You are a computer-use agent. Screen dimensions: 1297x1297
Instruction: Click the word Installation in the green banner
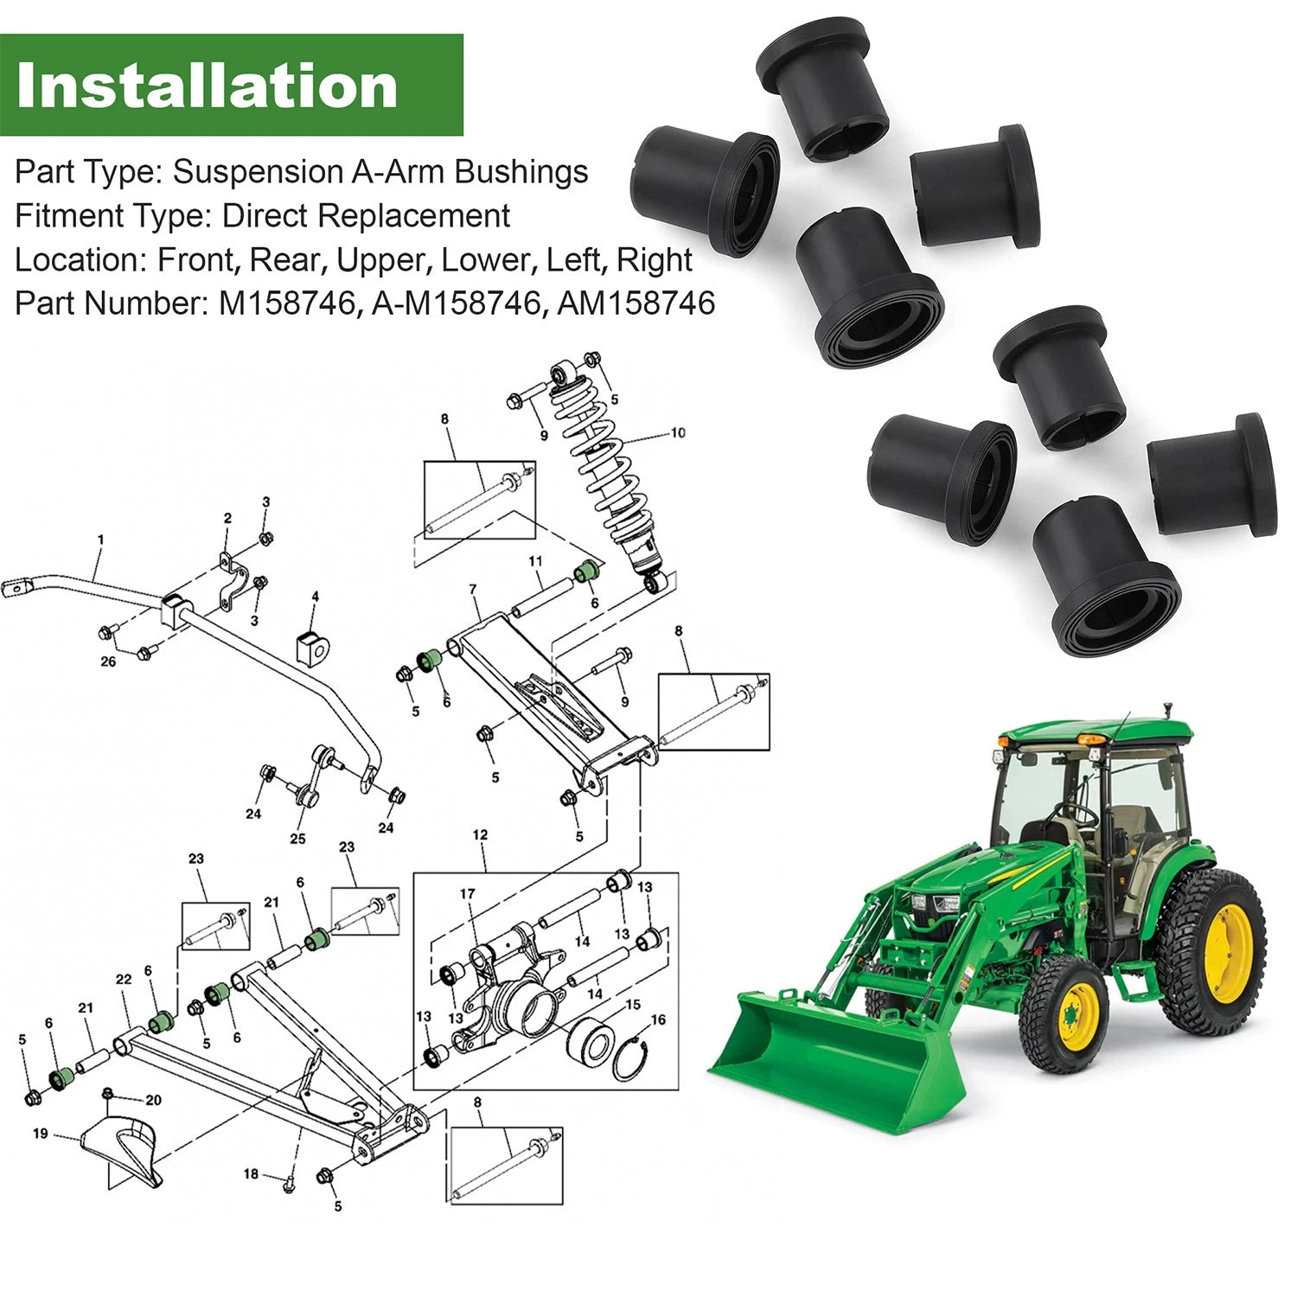pyautogui.click(x=207, y=86)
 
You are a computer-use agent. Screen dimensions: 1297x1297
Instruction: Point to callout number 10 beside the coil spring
pyautogui.click(x=677, y=432)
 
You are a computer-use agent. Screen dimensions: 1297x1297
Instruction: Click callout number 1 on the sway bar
pyautogui.click(x=100, y=540)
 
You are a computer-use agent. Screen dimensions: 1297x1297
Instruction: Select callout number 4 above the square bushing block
pyautogui.click(x=315, y=597)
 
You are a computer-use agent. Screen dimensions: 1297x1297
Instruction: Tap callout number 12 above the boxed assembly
pyautogui.click(x=480, y=835)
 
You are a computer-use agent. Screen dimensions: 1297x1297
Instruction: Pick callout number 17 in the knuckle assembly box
pyautogui.click(x=467, y=894)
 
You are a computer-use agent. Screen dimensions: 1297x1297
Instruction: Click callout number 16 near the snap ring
pyautogui.click(x=658, y=1020)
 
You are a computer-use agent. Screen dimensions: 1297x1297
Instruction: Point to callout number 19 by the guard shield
pyautogui.click(x=40, y=1134)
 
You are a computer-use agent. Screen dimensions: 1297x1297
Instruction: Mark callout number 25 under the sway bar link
pyautogui.click(x=297, y=839)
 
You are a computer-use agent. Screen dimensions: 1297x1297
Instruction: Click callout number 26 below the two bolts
pyautogui.click(x=108, y=662)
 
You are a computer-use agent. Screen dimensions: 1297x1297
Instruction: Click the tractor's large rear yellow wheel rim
pyautogui.click(x=1229, y=955)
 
